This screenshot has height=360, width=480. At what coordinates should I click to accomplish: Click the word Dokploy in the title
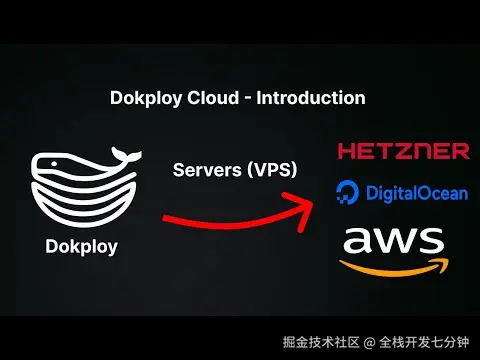click(x=143, y=99)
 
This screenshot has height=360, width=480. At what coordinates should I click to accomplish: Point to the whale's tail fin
click(x=124, y=155)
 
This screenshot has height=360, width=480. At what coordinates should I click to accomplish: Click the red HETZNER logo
click(x=403, y=151)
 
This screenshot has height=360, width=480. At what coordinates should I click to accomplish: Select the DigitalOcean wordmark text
click(x=416, y=192)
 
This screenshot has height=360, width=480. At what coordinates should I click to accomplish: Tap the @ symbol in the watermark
click(x=369, y=343)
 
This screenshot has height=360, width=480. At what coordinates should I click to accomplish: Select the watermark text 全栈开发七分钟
click(x=424, y=343)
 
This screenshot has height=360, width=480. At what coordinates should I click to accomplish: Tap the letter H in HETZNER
click(x=347, y=151)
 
